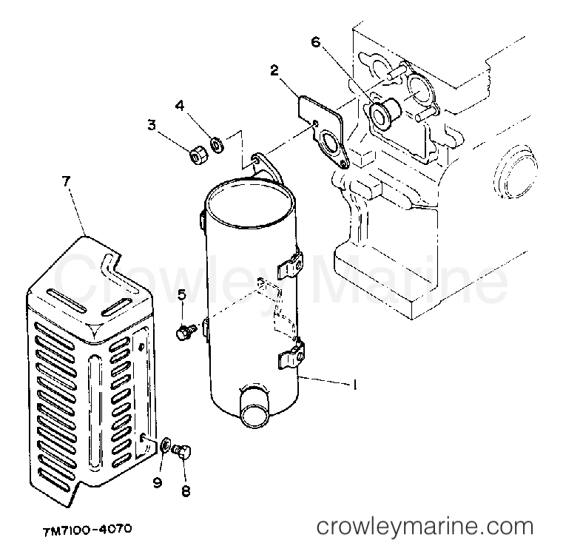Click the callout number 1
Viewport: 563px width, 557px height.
point(355,385)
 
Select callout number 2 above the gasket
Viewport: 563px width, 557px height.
point(274,70)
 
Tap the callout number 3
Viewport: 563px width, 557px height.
point(152,125)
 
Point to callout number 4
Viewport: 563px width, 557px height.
point(180,106)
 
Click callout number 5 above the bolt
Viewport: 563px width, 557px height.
point(182,295)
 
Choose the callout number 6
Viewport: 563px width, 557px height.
point(315,42)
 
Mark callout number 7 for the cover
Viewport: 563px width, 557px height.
point(66,181)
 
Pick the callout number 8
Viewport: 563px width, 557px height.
point(186,491)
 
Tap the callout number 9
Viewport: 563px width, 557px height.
point(158,483)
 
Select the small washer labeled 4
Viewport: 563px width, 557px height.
point(218,144)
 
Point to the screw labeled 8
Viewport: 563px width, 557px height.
point(182,451)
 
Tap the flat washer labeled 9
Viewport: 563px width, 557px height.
point(166,446)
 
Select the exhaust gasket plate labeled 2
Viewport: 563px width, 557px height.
point(322,131)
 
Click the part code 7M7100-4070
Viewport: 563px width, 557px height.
point(87,530)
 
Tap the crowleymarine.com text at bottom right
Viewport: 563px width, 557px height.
point(425,527)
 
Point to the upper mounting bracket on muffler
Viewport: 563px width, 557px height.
point(291,265)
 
